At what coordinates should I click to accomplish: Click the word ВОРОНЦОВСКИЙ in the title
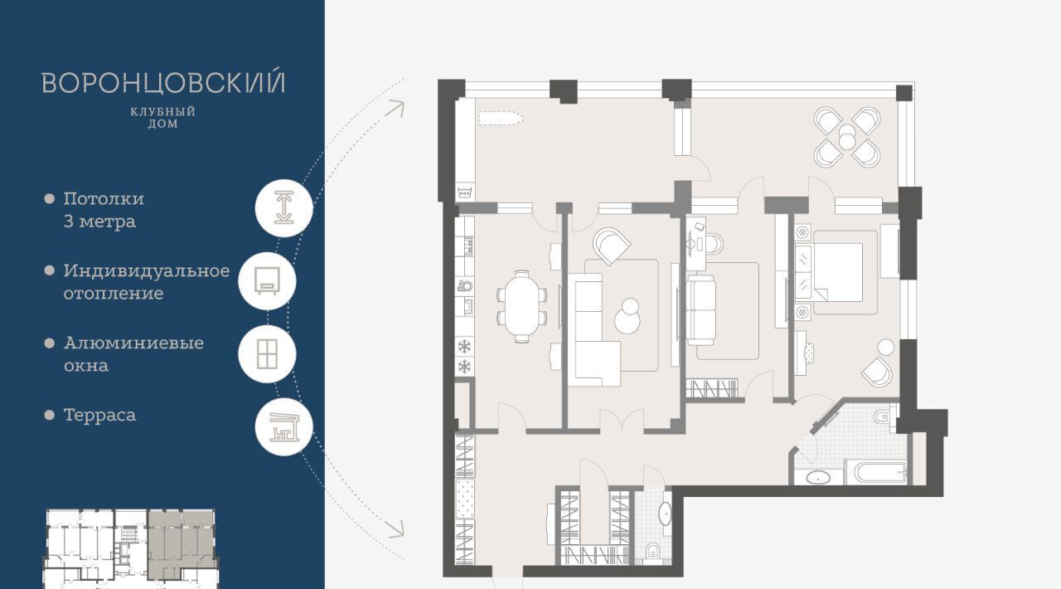click(x=163, y=82)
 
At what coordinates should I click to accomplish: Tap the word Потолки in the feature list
click(x=104, y=199)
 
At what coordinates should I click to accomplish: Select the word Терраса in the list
click(x=100, y=415)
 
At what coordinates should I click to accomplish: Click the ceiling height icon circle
click(x=283, y=208)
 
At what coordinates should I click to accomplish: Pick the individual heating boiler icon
click(x=267, y=281)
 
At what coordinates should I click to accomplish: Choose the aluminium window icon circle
click(x=267, y=353)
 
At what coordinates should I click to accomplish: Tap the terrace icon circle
click(x=283, y=426)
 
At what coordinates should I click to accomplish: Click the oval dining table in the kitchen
click(x=521, y=306)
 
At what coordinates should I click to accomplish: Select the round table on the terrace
click(x=847, y=137)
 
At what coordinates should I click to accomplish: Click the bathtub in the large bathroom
click(x=876, y=472)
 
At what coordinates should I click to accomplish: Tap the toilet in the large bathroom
click(x=884, y=416)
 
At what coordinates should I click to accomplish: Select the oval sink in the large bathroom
click(x=817, y=478)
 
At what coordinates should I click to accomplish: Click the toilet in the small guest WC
click(x=653, y=551)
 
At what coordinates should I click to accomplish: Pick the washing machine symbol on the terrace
click(x=465, y=192)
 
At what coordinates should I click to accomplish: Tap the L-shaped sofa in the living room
click(x=594, y=329)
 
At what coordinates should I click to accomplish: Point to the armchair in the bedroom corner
click(x=877, y=371)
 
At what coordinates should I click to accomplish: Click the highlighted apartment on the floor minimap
click(x=181, y=544)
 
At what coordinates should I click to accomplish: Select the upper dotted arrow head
click(x=396, y=109)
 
